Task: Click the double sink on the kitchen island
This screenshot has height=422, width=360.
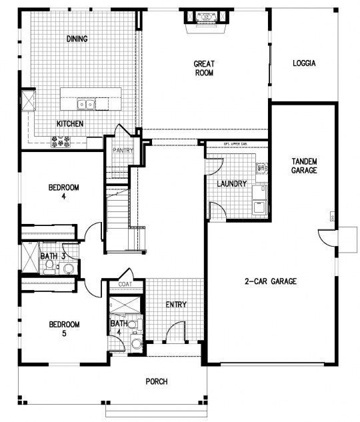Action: click(x=85, y=103)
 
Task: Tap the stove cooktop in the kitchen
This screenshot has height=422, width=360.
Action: click(x=61, y=141)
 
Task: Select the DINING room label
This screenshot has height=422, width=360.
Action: click(x=77, y=39)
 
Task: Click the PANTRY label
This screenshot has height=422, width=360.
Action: click(x=123, y=151)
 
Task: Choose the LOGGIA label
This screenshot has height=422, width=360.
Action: click(x=303, y=63)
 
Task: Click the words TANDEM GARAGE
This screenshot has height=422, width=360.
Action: click(x=304, y=166)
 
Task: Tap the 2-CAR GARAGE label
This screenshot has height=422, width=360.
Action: click(x=270, y=281)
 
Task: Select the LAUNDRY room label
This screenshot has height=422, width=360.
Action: click(x=232, y=184)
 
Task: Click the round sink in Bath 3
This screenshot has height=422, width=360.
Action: click(x=67, y=268)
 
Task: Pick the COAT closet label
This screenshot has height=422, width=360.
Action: click(x=126, y=285)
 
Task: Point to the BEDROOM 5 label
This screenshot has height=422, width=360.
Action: click(x=63, y=329)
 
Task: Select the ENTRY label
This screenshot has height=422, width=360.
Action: click(x=176, y=305)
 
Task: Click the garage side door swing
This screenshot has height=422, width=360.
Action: click(x=328, y=237)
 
